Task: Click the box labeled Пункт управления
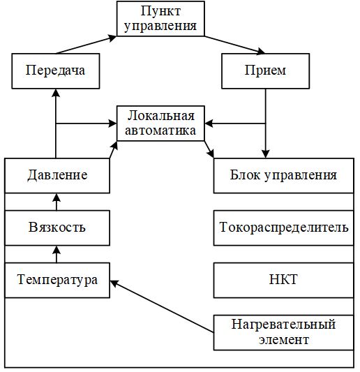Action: coord(160,19)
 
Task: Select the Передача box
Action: coord(56,71)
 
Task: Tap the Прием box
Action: coord(265,71)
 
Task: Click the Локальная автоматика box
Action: coord(160,124)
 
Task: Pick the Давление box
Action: coord(57,176)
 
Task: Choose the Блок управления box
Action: coord(284,176)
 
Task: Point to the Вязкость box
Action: coord(57,228)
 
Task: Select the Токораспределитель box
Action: coord(284,228)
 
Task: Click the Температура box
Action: coord(57,280)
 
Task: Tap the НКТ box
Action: coord(284,280)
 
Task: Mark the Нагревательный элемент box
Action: coord(284,333)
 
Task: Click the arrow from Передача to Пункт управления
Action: coord(86,45)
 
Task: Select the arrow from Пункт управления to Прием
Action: coord(235,45)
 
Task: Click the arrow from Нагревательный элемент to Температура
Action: coord(162,306)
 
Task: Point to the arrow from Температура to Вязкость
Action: coord(57,254)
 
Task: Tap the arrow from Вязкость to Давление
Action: coord(57,202)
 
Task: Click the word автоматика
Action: coord(160,131)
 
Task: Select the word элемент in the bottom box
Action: coord(284,340)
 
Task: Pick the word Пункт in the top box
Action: coord(160,11)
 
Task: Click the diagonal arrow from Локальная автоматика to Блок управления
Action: coord(209,149)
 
